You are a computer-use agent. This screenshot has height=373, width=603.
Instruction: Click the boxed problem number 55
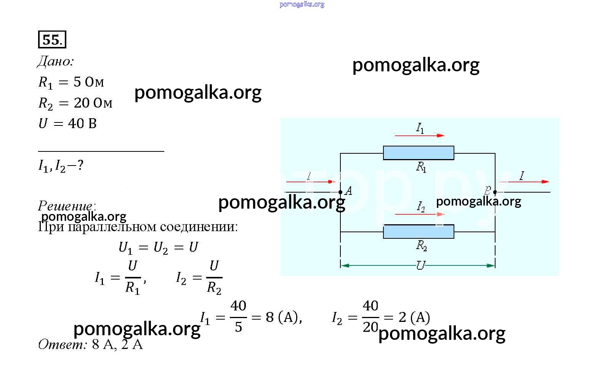52,40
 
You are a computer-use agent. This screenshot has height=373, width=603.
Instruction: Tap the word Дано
56,62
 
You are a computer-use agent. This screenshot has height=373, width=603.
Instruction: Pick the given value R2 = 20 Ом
75,103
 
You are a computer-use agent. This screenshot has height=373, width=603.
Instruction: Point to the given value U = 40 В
68,124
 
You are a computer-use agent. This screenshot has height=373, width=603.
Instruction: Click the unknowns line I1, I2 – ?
61,166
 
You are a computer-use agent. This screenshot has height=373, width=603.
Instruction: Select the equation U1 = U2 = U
158,248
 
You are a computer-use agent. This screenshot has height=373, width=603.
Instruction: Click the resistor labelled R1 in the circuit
419,153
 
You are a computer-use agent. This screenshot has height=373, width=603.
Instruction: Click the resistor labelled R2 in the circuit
419,232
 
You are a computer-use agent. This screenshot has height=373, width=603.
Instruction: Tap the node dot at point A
340,192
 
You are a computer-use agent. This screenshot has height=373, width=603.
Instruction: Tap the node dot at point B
495,192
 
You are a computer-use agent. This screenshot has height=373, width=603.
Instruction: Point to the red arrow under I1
419,135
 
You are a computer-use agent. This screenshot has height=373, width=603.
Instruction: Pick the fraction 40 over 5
238,317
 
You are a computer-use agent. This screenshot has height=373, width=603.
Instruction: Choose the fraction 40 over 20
370,317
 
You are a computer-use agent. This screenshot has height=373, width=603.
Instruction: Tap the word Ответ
63,345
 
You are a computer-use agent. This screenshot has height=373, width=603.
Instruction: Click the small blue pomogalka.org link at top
302,5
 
